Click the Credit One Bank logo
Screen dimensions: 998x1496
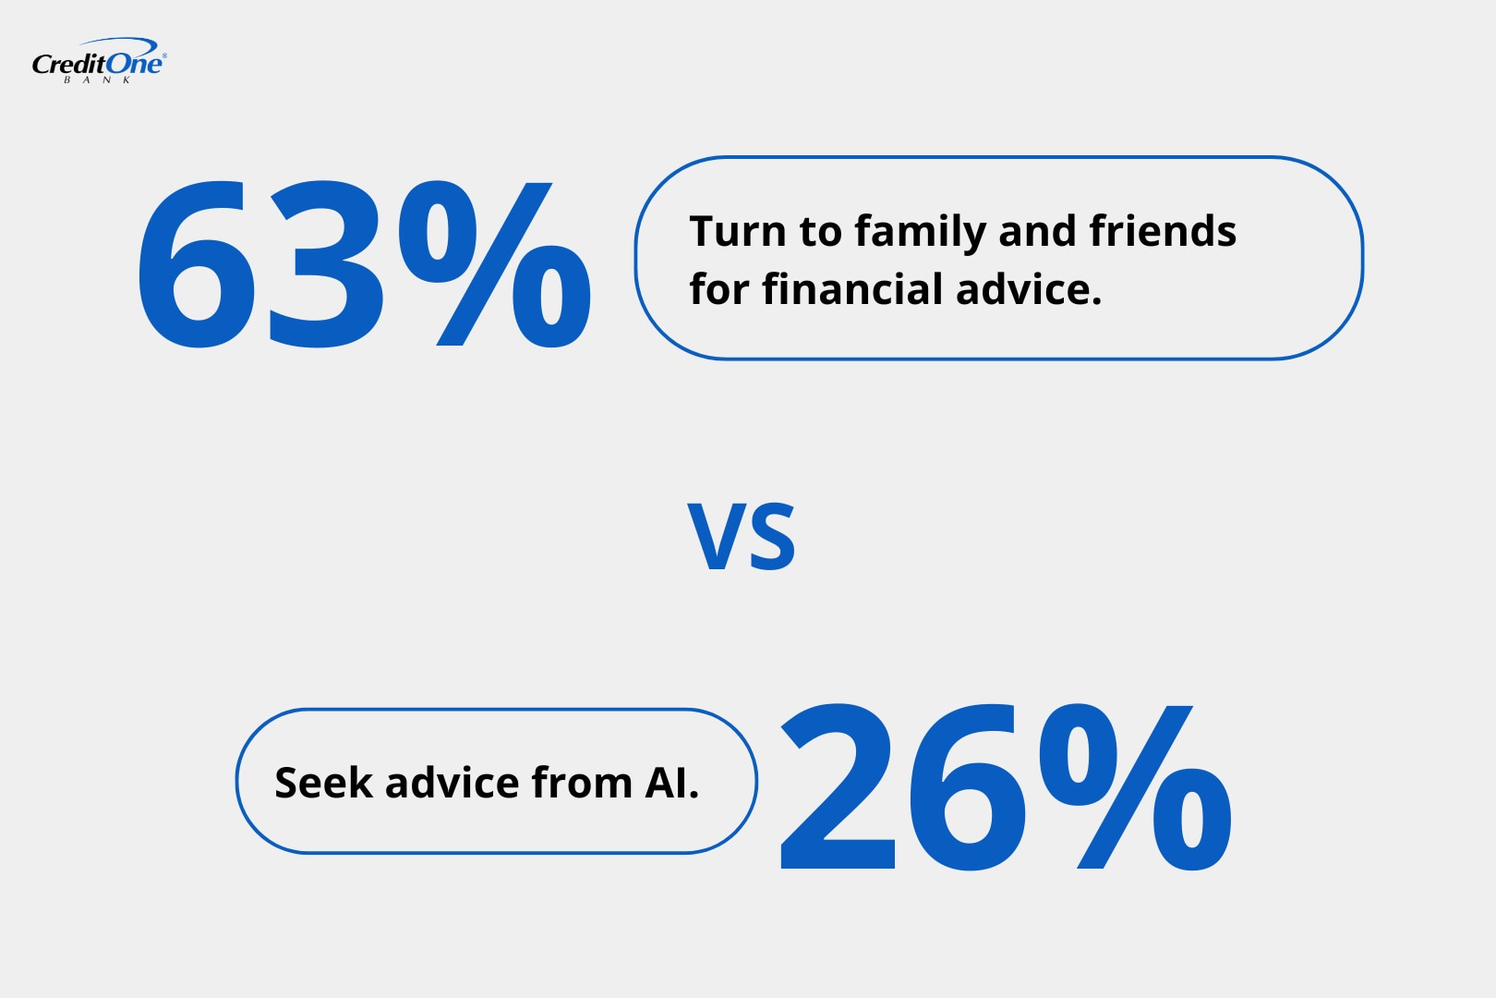click(99, 61)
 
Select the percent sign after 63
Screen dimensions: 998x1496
click(494, 265)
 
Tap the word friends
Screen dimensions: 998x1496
click(1163, 231)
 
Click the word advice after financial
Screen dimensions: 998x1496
click(1029, 289)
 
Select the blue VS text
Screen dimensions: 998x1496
click(742, 537)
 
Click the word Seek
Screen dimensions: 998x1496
click(323, 783)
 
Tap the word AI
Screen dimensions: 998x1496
click(671, 783)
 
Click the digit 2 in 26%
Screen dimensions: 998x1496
click(838, 788)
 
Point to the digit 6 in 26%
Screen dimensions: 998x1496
click(966, 788)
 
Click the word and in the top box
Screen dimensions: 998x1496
click(1037, 231)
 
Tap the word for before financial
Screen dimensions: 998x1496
click(718, 289)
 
